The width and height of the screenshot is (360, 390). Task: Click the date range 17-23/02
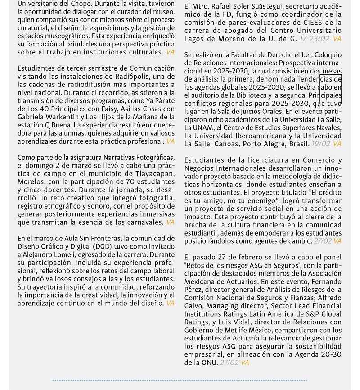[x=315, y=39]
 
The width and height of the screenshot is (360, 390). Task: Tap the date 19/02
[x=321, y=144]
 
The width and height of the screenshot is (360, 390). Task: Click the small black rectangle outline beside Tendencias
[x=330, y=87]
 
